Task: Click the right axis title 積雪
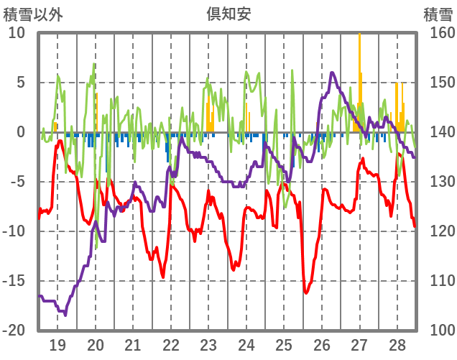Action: point(438,14)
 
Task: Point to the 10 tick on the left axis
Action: point(17,33)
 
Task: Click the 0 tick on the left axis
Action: point(20,132)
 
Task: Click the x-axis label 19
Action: point(57,345)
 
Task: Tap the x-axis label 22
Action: point(171,345)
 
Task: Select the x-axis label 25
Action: point(284,345)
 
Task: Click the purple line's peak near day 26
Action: point(332,73)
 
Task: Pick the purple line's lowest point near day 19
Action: point(65,315)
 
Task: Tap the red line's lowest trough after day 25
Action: point(305,292)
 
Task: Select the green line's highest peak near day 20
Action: point(95,65)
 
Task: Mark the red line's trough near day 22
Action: point(163,277)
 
